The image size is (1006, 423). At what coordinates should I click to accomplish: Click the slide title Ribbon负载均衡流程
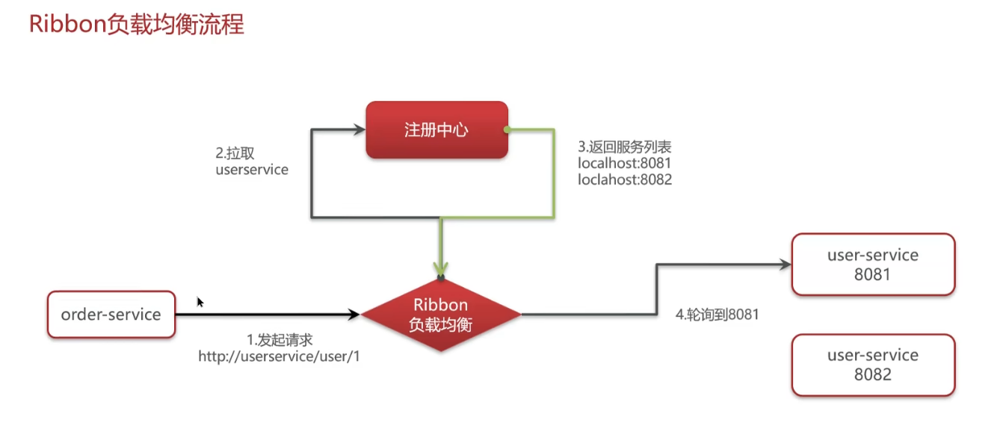coord(136,25)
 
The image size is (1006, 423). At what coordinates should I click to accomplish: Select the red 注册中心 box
coord(436,130)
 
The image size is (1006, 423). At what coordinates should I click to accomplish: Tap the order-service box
coord(111,315)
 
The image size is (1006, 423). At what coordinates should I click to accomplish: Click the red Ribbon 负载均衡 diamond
coord(441,315)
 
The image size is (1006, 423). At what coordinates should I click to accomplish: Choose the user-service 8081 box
coord(873,265)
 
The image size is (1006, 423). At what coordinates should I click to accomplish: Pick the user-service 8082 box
coord(873,365)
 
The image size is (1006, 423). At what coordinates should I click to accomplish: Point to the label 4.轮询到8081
coord(717,315)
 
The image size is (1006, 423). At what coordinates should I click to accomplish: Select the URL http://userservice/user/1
coord(279,356)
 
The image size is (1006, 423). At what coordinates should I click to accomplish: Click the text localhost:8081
coord(620,163)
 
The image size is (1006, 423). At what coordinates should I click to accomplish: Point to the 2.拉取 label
coord(235,153)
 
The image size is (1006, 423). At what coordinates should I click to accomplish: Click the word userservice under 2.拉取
coord(251,170)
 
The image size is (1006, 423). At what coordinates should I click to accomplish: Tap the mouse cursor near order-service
coord(200,301)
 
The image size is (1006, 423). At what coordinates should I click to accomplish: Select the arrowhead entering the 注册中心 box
coord(358,130)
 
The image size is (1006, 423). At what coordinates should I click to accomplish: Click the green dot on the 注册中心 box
coord(507,130)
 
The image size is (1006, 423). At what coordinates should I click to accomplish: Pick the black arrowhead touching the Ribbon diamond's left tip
coord(354,315)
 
